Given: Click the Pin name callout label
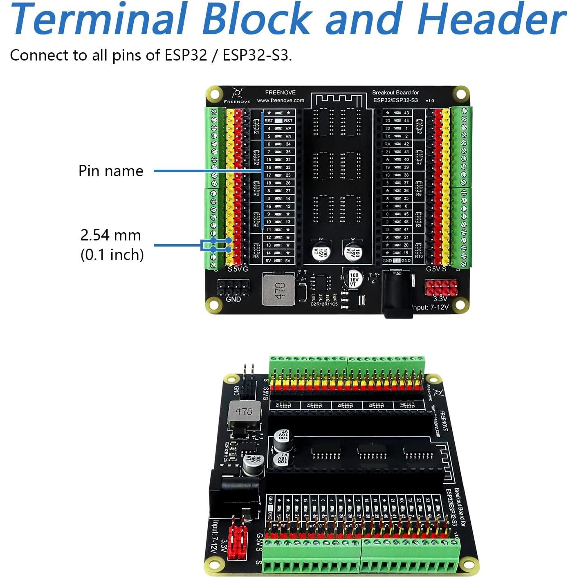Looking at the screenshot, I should click(111, 171).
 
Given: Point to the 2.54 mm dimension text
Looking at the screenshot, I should click(110, 235).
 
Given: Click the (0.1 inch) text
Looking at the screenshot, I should click(112, 255).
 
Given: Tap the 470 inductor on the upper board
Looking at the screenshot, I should click(278, 290).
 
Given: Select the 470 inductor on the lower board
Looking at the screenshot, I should click(244, 412).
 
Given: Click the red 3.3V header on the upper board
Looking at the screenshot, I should click(441, 287).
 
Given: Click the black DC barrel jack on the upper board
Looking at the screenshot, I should click(397, 294).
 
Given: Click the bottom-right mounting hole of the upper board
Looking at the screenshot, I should click(460, 305).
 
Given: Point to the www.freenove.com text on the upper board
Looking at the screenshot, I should click(281, 101).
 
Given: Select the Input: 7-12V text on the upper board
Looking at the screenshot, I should click(430, 307).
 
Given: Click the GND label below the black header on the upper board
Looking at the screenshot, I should click(233, 299).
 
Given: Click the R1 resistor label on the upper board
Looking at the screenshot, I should click(256, 132).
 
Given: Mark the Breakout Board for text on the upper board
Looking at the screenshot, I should click(395, 92).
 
